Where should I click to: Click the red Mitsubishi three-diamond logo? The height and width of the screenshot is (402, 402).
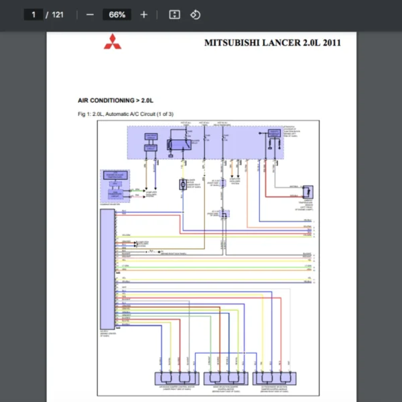pyautogui.click(x=111, y=43)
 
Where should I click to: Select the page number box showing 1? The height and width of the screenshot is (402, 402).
pyautogui.click(x=33, y=15)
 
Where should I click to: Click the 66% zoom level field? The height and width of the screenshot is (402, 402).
pyautogui.click(x=117, y=15)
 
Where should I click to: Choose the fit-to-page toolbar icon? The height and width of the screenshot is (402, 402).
pyautogui.click(x=174, y=15)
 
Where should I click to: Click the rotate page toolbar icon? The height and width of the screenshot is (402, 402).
pyautogui.click(x=195, y=15)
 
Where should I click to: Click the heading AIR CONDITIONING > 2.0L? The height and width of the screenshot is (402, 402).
pyautogui.click(x=116, y=100)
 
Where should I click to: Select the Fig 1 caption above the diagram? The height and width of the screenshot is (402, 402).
pyautogui.click(x=125, y=115)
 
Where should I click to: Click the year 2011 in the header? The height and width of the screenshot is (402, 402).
pyautogui.click(x=331, y=43)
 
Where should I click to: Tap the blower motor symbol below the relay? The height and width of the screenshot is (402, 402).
pyautogui.click(x=182, y=184)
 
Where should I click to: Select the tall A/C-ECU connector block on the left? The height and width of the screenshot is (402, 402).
pyautogui.click(x=107, y=267)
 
